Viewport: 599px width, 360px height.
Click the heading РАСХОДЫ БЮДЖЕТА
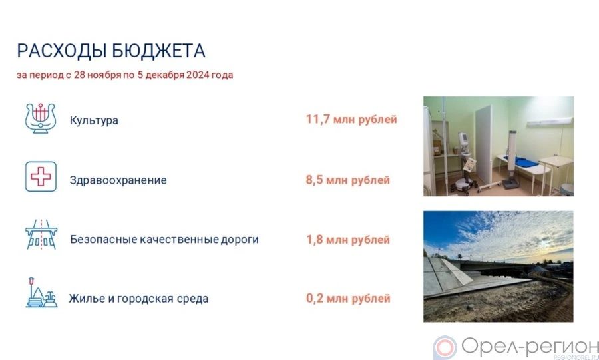tap(111, 51)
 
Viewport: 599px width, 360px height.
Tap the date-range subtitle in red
tap(125, 75)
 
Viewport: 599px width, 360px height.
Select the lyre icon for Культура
tap(41, 118)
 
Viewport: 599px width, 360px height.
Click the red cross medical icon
tap(41, 176)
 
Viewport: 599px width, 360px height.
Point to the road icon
tap(41, 234)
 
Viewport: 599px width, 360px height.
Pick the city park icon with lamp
tap(41, 292)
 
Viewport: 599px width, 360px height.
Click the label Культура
tap(94, 120)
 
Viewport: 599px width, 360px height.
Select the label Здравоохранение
tap(118, 180)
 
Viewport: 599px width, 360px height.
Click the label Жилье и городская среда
tap(138, 299)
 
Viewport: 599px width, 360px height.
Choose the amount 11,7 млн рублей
tap(351, 120)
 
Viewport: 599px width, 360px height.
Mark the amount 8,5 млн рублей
tap(348, 180)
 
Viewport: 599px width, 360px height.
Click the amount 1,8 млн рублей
tap(348, 240)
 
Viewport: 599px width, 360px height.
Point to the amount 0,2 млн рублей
tap(348, 299)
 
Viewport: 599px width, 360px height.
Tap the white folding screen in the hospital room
tap(483, 144)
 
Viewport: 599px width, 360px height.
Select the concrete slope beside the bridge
tap(447, 277)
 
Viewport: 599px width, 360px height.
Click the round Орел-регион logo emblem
tap(445, 348)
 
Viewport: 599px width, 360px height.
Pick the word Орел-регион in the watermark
tap(530, 347)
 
